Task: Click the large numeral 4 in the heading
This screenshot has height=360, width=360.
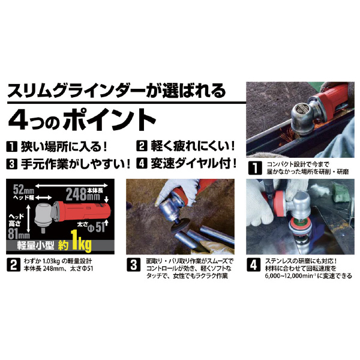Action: coord(19,120)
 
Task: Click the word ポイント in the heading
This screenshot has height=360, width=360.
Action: coord(110,120)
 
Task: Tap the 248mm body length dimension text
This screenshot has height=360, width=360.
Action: coord(83,194)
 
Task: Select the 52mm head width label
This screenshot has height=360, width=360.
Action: coord(23,190)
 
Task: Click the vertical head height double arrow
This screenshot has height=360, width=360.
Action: coord(28,218)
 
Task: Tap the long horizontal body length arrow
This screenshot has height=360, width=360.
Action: coord(72,185)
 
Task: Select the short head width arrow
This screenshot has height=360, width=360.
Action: coord(43,197)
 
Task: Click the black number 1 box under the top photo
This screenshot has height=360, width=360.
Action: coord(255,168)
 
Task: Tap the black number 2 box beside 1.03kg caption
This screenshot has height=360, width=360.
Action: coord(13,265)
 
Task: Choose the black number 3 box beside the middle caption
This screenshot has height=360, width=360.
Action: coord(134,265)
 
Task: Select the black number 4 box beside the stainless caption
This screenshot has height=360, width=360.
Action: coord(253,265)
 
